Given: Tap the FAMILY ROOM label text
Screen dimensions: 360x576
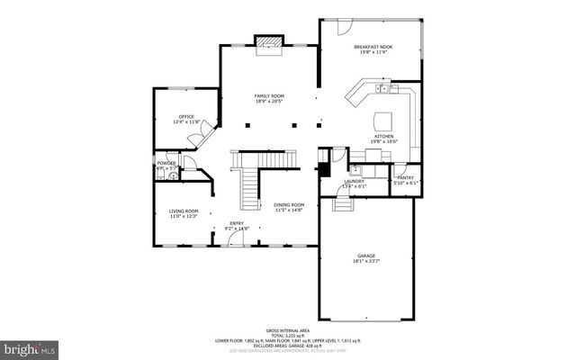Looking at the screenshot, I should point(268,95).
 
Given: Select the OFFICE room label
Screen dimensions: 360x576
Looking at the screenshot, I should point(186,116).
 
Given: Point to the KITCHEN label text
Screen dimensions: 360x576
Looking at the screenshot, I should point(383,137).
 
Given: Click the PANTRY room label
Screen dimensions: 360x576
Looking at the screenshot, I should point(405,178).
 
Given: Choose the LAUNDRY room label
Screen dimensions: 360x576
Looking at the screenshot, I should point(354,181).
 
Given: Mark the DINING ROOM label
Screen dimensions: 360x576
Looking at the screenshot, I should point(289,205).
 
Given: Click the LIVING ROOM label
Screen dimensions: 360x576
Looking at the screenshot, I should point(184,211).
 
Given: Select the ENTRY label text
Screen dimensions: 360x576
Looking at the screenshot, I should point(236,224).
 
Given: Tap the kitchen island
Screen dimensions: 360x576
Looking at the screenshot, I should point(384,120).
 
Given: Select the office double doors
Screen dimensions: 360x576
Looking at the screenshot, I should point(193,138).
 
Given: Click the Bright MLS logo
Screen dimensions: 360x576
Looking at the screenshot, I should point(29,346).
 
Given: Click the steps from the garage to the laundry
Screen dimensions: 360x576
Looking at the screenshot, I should point(344,204).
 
